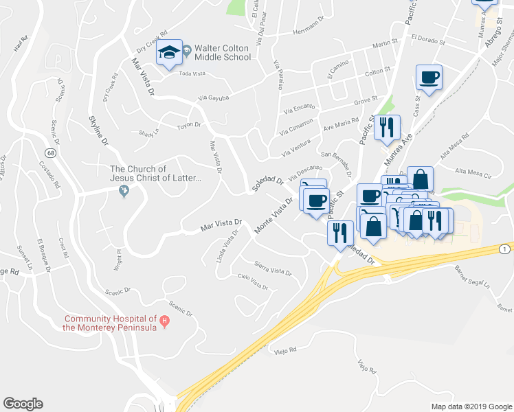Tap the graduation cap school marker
168,53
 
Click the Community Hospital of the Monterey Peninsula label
110,322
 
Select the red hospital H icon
164,321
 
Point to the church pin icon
124,192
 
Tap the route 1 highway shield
505,248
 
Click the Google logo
23,404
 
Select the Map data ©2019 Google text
471,407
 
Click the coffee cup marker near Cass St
429,78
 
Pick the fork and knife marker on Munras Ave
388,127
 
